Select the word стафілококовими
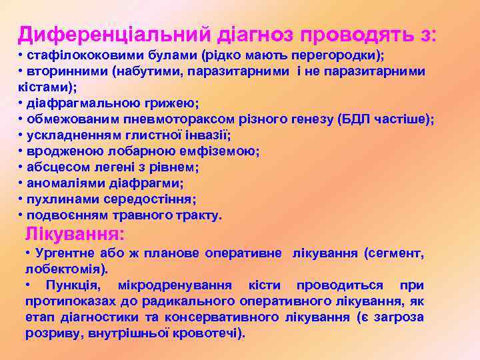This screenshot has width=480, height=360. click(74, 55)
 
